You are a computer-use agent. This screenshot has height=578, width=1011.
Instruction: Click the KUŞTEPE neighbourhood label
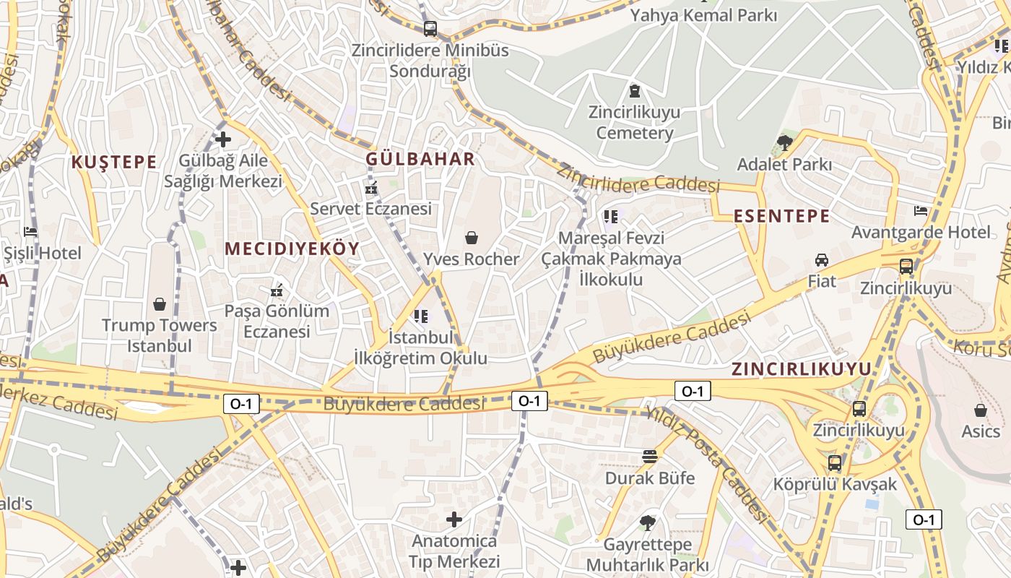[x=114, y=162]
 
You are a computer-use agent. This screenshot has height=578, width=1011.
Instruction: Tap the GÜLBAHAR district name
[x=420, y=159]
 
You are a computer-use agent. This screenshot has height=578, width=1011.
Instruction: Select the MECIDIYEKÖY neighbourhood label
[x=292, y=249]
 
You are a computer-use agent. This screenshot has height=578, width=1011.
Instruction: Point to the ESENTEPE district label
[x=782, y=216]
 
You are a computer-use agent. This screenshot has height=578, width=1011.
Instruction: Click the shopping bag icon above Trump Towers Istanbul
[x=160, y=305]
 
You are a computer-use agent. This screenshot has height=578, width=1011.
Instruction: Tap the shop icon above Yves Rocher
[x=472, y=238]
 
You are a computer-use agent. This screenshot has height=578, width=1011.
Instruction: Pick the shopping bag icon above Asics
[x=981, y=411]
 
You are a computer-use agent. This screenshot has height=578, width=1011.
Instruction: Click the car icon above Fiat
[x=822, y=260]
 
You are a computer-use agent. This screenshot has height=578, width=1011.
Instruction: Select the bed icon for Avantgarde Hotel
[x=921, y=211]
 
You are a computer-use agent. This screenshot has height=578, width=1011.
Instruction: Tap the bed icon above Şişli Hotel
[x=30, y=232]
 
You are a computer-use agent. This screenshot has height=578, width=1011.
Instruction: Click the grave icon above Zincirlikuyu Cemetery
[x=634, y=92]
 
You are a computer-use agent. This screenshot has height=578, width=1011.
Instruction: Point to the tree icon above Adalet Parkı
[x=784, y=142]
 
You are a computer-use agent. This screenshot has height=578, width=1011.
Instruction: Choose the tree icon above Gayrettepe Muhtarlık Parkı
[x=648, y=522]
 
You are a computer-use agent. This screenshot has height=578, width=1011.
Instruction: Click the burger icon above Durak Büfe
[x=650, y=457]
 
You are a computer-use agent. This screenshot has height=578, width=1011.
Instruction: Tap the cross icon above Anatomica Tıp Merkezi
[x=454, y=519]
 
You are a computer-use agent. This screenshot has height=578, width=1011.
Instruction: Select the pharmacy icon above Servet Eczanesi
[x=371, y=188]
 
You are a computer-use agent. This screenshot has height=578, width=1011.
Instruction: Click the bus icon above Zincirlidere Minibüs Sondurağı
[x=430, y=29]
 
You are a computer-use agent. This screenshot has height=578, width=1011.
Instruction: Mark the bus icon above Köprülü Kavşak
[x=835, y=462]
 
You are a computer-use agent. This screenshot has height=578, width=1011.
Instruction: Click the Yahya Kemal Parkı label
[x=704, y=15]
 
